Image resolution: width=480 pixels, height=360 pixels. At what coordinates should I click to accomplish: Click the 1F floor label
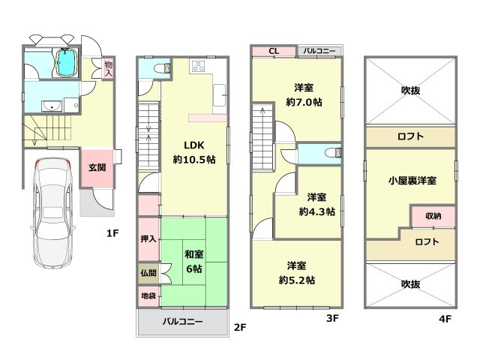pyautogui.click(x=112, y=233)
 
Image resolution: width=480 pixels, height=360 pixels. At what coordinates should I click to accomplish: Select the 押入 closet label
pyautogui.click(x=148, y=238)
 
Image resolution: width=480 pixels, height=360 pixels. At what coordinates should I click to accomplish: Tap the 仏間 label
pyautogui.click(x=148, y=272)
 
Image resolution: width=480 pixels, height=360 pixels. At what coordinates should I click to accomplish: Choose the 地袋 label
pyautogui.click(x=148, y=296)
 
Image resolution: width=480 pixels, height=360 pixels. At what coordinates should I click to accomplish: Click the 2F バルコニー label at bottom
pyautogui.click(x=183, y=321)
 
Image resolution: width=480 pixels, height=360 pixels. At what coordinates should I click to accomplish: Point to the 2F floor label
pyautogui.click(x=240, y=327)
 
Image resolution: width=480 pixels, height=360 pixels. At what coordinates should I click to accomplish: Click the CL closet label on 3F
pyautogui.click(x=274, y=51)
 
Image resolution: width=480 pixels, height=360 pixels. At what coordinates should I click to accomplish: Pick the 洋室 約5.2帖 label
pyautogui.click(x=296, y=272)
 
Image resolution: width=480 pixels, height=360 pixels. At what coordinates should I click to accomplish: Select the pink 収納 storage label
pyautogui.click(x=433, y=216)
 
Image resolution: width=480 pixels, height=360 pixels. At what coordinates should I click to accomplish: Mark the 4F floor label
pyautogui.click(x=445, y=319)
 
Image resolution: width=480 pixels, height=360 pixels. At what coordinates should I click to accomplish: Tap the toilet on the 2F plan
pyautogui.click(x=154, y=68)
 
